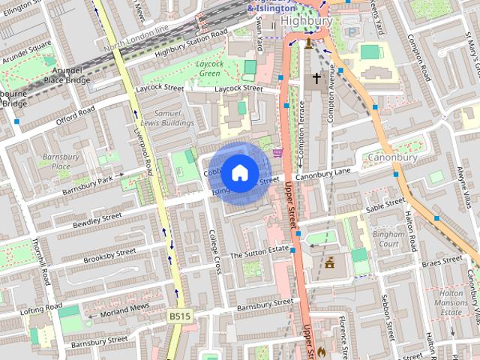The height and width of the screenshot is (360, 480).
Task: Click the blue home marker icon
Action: tap(239, 172)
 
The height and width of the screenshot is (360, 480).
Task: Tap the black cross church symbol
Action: tap(316, 78)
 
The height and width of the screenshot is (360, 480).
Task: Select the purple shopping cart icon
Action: tap(278, 152)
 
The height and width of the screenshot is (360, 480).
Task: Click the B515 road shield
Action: tap(180, 316)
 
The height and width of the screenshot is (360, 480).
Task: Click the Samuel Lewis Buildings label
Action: tap(169, 117)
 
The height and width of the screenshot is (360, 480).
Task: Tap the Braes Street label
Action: tap(442, 262)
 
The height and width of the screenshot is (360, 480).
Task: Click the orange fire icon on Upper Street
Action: tap(322, 350)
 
